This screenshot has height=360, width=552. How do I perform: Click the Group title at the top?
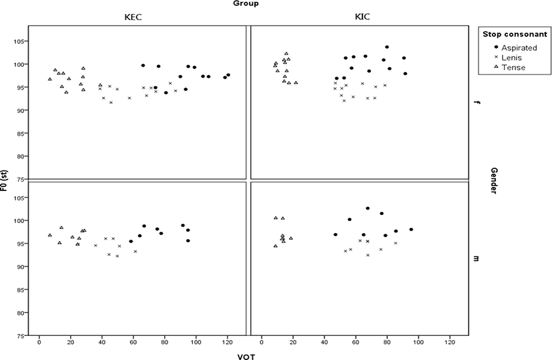tap(246, 3)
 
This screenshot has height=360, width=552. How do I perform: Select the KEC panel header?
tap(133, 17)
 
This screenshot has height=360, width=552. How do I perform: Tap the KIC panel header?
tap(362, 16)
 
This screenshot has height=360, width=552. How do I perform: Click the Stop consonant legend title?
tap(515, 34)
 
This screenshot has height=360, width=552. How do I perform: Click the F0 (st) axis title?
tap(4, 180)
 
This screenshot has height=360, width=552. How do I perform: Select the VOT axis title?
tap(246, 357)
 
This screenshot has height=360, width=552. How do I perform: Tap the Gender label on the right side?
tap(493, 180)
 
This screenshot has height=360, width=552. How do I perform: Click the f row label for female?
tap(477, 102)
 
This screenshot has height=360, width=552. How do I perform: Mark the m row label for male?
tap(477, 258)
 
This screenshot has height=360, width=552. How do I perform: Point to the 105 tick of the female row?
tap(18, 41)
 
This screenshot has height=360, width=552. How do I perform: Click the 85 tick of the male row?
tap(20, 290)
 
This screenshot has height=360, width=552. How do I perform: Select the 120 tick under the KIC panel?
tap(450, 342)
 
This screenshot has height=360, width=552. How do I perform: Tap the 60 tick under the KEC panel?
tap(133, 342)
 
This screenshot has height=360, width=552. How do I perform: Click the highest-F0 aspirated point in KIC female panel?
tap(387, 47)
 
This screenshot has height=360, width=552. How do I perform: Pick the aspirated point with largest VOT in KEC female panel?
tap(228, 75)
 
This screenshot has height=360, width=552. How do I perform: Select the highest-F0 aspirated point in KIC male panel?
tap(368, 208)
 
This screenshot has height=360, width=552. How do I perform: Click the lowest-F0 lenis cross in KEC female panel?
tap(111, 102)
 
